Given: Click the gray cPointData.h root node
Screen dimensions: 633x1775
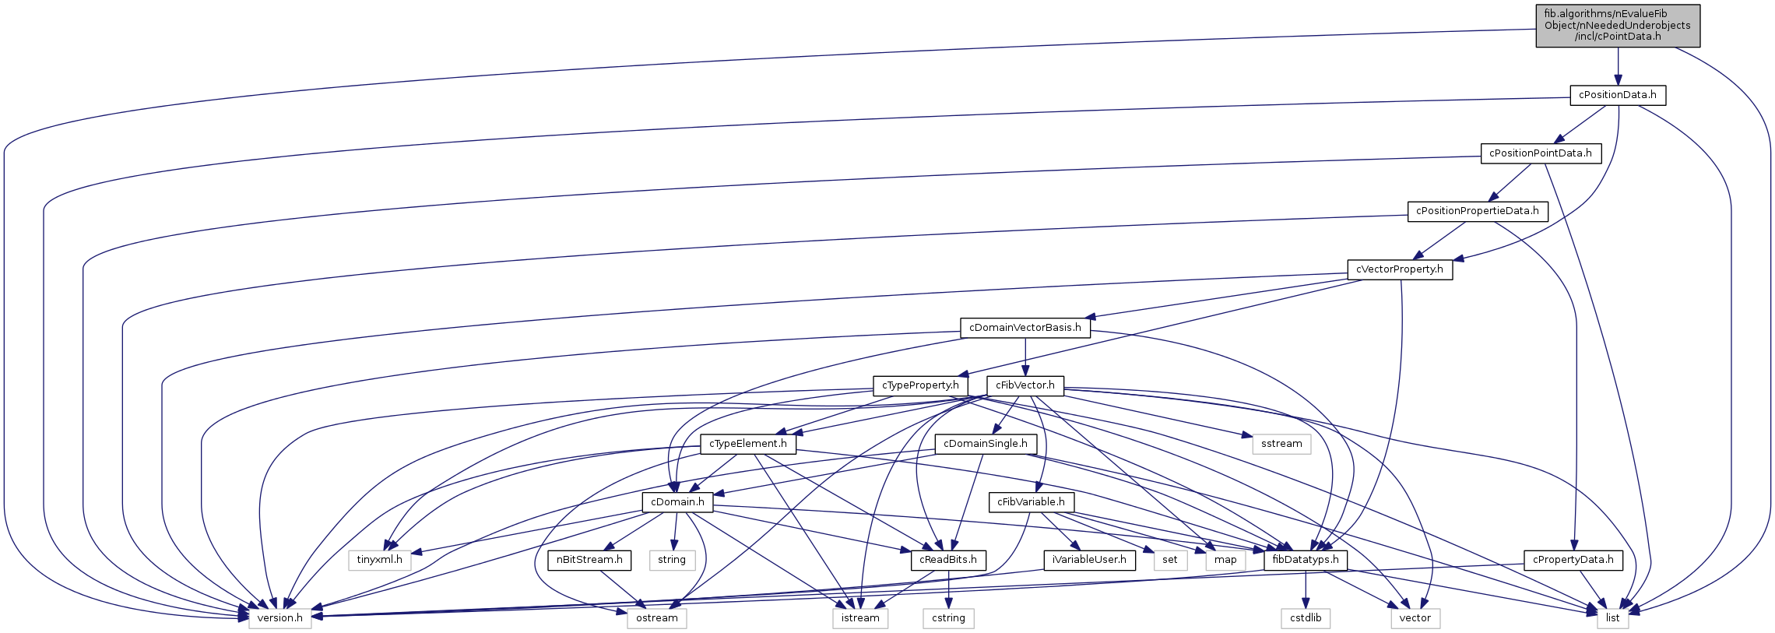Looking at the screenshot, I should (x=1617, y=26).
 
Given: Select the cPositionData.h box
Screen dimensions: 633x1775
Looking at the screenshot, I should (x=1617, y=95).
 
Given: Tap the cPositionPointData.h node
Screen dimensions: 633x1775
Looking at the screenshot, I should (x=1540, y=153).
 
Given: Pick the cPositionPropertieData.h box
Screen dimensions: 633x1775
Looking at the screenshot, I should (x=1477, y=211).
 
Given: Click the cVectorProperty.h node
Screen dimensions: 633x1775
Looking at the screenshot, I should (x=1399, y=269).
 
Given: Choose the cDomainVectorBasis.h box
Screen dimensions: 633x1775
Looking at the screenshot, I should (x=1025, y=328).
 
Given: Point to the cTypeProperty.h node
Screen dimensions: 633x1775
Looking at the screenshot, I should (x=920, y=385).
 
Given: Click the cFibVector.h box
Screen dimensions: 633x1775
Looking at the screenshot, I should (x=1025, y=385).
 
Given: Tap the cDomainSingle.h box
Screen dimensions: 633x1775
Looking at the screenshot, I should (x=985, y=444).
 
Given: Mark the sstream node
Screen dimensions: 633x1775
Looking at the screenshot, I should (x=1281, y=444).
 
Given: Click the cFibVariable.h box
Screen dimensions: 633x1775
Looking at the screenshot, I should (x=1031, y=502).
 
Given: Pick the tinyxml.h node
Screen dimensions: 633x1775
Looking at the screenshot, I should (x=379, y=560).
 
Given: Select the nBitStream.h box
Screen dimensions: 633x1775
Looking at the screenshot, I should (x=589, y=560).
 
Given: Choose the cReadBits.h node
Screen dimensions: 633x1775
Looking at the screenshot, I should (x=947, y=560).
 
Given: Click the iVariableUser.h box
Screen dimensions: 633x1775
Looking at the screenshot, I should (x=1088, y=560).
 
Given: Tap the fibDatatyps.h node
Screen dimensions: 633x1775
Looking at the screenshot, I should (x=1305, y=560).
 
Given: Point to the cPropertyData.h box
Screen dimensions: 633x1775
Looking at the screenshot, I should (x=1573, y=560).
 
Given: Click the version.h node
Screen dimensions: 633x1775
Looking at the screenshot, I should (x=279, y=618).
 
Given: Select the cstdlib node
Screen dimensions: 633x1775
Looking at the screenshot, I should (x=1305, y=618).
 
